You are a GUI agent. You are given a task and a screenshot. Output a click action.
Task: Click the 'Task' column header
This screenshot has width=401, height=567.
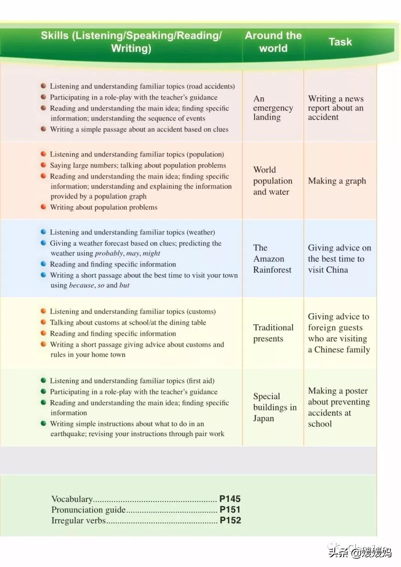[x=340, y=42]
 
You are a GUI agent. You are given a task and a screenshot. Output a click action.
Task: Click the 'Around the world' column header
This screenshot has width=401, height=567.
[x=273, y=42]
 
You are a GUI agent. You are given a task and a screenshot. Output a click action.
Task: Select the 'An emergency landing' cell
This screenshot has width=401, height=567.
[x=273, y=108]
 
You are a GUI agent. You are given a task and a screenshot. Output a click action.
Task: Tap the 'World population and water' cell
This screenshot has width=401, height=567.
[x=272, y=181]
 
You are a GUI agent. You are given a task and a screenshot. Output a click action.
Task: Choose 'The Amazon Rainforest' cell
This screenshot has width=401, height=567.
[x=272, y=259]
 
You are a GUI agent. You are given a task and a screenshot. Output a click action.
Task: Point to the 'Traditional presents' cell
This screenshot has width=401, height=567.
[x=273, y=333]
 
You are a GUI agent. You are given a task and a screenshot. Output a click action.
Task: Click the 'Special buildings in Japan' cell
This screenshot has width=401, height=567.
[x=275, y=407]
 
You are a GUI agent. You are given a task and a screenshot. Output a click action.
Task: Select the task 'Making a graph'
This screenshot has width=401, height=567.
[x=337, y=181]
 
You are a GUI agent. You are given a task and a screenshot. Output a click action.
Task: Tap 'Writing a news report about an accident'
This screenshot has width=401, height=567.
[x=336, y=108]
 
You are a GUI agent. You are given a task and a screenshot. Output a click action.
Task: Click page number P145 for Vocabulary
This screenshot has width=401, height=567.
[x=230, y=499]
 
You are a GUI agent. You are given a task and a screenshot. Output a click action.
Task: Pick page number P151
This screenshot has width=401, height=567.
[x=230, y=510]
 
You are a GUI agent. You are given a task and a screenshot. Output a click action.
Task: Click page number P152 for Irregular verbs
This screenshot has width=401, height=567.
[x=230, y=520]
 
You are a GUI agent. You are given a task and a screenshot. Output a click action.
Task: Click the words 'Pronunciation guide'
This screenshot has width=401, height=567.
[x=88, y=510]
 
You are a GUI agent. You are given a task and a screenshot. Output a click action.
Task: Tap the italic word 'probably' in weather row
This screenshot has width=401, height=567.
[x=109, y=253]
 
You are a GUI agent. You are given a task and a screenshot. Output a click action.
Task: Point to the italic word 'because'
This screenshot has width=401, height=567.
[x=81, y=285]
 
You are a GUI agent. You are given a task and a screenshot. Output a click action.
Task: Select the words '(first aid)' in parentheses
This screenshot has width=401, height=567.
[x=200, y=381]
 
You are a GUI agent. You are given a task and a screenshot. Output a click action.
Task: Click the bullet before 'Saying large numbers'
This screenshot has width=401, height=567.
[x=44, y=165]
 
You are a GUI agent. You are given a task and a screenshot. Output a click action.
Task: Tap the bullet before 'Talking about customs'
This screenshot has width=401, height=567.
[x=44, y=322]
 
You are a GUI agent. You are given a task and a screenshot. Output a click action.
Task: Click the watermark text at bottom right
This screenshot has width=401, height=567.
[x=360, y=552]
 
